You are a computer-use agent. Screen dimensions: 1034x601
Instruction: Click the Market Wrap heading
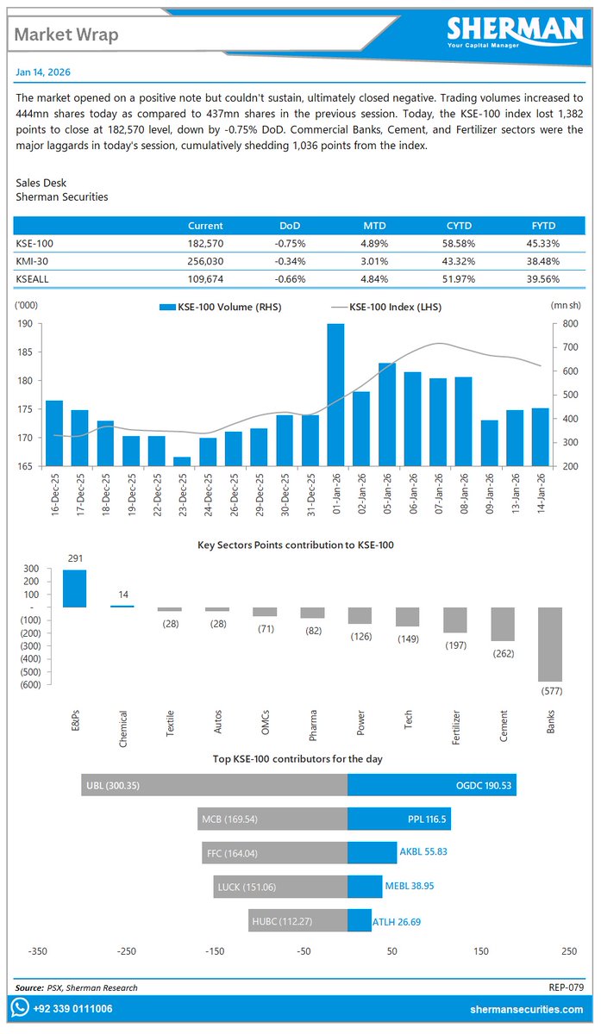coord(66,34)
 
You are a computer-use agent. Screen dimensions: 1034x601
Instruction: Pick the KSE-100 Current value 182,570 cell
coord(205,244)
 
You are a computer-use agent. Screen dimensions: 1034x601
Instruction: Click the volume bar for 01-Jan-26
coord(335,395)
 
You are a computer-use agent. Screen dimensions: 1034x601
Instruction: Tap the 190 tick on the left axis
coord(24,324)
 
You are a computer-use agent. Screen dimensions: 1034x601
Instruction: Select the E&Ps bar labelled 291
coord(75,589)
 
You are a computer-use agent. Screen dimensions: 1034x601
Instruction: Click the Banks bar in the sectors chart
coord(549,645)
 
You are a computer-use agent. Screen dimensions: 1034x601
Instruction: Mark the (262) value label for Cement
coord(502,654)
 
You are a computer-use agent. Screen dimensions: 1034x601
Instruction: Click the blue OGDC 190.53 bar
coord(431,785)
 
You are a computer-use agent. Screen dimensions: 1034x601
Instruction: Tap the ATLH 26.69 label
coord(397,922)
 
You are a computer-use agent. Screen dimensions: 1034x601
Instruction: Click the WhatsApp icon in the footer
coord(20,1007)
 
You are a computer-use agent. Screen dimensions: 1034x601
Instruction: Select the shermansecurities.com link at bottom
coord(524,1008)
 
